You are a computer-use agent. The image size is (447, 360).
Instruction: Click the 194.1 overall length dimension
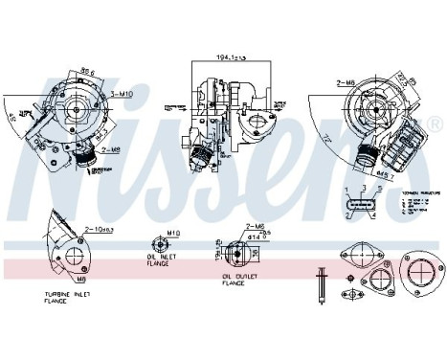231,58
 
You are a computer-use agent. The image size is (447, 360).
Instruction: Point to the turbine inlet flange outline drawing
73,256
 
